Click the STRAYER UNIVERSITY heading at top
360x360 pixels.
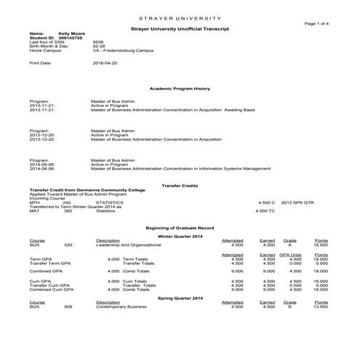[180, 16]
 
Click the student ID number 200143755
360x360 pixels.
[71, 38]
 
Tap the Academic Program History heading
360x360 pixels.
[180, 88]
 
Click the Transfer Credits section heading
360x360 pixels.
[180, 185]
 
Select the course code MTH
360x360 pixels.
[33, 202]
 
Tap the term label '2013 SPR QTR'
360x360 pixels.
[297, 202]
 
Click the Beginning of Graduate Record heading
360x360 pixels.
[180, 228]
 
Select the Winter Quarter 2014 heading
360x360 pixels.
[180, 236]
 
